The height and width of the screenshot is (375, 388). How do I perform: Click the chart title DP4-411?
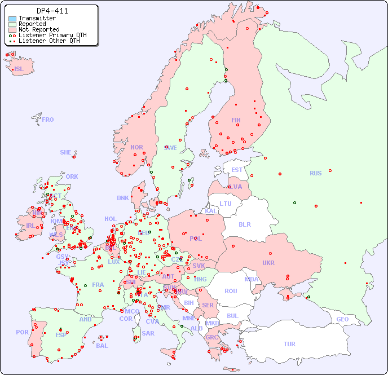coord(52,11)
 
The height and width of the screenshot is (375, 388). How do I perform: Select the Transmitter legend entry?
coord(37,18)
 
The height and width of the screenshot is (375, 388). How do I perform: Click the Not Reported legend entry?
coord(38,29)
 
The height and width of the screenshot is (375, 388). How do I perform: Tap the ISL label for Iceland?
coord(19,69)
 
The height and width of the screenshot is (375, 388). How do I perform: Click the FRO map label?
coord(48,120)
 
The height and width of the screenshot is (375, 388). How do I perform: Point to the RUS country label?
coord(315,173)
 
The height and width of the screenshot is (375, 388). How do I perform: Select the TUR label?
coord(289,344)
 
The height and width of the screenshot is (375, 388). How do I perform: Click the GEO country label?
coord(342,319)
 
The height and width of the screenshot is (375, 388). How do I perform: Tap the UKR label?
coord(268,263)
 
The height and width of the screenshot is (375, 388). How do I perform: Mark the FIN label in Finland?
coord(236,120)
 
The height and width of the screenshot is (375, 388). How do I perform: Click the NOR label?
coord(136,147)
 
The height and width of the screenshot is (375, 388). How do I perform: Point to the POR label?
coord(22,332)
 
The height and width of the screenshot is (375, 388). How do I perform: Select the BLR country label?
coord(244,224)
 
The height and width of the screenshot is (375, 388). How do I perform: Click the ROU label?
coord(231,291)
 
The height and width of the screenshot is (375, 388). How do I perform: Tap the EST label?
coord(237,170)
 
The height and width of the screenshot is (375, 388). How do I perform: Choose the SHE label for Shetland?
coord(66,152)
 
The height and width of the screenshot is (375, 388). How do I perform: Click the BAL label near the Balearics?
coord(102,346)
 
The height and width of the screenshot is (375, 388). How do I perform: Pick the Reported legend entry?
coord(32,24)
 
